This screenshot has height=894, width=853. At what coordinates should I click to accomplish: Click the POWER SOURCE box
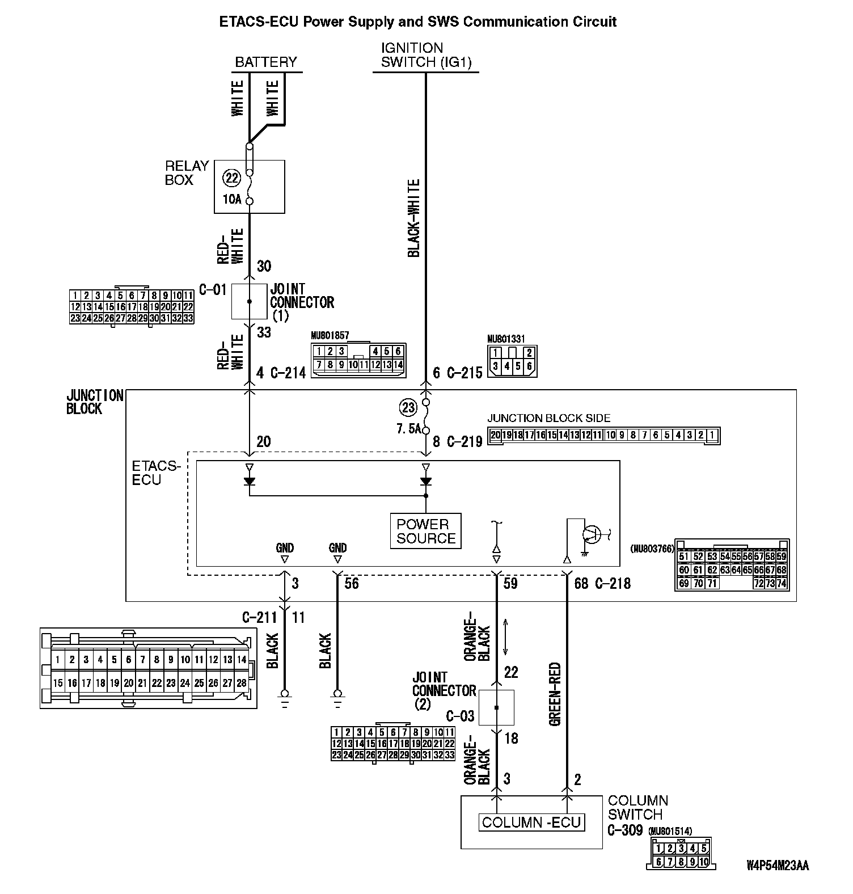pyautogui.click(x=426, y=531)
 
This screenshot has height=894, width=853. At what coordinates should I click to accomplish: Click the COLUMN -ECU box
pyautogui.click(x=531, y=822)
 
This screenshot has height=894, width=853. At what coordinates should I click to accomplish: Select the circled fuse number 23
pyautogui.click(x=408, y=407)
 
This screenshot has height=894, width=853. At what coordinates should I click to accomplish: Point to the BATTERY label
pyautogui.click(x=266, y=62)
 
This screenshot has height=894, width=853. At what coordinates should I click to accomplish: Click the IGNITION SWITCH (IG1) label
pyautogui.click(x=426, y=55)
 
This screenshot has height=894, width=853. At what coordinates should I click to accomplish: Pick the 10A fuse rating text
pyautogui.click(x=232, y=199)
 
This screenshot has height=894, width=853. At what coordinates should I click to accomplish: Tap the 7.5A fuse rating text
pyautogui.click(x=409, y=429)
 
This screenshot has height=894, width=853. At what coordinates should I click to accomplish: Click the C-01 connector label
pyautogui.click(x=213, y=290)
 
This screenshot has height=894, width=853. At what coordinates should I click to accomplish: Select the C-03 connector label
pyautogui.click(x=460, y=716)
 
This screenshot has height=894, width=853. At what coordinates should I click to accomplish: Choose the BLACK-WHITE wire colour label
pyautogui.click(x=414, y=218)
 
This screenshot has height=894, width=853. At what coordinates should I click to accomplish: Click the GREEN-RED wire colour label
pyautogui.click(x=555, y=694)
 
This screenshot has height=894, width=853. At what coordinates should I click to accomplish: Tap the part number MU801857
pyautogui.click(x=330, y=336)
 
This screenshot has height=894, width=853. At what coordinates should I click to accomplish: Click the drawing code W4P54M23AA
pyautogui.click(x=778, y=866)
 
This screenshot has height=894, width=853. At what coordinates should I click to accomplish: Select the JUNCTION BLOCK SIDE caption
pyautogui.click(x=549, y=418)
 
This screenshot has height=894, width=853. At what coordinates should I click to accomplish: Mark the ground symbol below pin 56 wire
pyautogui.click(x=338, y=697)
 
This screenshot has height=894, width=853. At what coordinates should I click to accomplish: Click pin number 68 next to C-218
pyautogui.click(x=581, y=583)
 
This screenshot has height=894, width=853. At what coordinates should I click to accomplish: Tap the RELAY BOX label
pyautogui.click(x=187, y=173)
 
